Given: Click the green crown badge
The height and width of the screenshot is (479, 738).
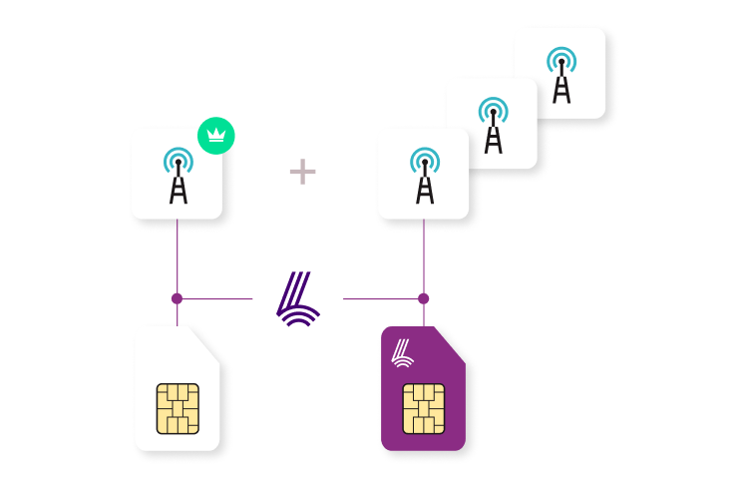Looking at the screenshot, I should click(x=215, y=135).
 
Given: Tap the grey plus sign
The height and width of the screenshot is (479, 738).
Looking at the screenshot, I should click(x=302, y=172).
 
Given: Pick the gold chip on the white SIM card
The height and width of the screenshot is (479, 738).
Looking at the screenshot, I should click(x=178, y=408).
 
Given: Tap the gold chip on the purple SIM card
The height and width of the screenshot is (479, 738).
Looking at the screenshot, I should click(x=424, y=408).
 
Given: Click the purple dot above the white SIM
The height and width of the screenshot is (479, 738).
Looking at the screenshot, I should click(x=177, y=298).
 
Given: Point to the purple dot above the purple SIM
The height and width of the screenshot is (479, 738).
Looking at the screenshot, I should click(x=423, y=298).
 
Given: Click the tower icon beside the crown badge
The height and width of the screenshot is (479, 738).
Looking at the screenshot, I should click(x=178, y=176).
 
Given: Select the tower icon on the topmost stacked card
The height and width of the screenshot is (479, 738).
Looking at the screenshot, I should click(x=561, y=75).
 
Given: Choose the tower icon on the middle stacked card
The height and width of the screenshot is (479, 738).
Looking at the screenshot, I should click(x=493, y=125).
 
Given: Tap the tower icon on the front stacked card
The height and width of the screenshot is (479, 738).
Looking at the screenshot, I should click(x=424, y=176).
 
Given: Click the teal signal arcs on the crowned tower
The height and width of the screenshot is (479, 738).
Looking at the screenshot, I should click(x=178, y=157).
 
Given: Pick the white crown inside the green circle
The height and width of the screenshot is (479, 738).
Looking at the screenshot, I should click(x=215, y=135).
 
